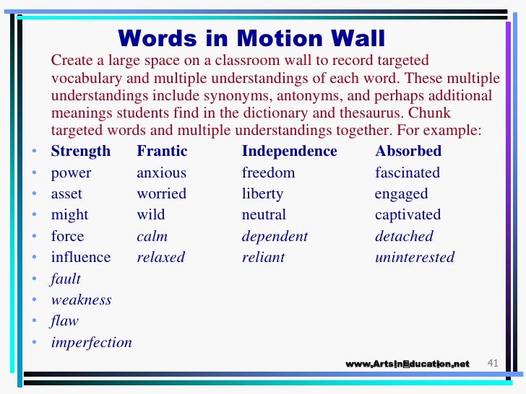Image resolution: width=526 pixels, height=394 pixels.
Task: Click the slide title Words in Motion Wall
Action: (x=251, y=38)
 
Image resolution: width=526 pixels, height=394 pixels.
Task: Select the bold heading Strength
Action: (x=80, y=152)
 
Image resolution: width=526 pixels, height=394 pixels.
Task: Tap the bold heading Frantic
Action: (x=162, y=152)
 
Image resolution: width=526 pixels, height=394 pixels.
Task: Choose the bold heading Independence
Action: (x=289, y=152)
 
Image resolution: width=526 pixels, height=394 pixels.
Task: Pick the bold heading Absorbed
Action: (x=408, y=152)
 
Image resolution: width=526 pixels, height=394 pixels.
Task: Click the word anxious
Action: (x=161, y=173)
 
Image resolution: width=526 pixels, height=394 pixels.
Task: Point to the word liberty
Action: (x=262, y=194)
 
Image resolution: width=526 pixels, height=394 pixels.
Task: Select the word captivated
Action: (x=408, y=215)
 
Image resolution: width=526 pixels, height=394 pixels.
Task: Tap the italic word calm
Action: (x=152, y=237)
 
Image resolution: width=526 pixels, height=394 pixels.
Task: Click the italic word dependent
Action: (x=275, y=237)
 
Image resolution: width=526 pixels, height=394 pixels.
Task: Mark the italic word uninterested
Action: (x=415, y=258)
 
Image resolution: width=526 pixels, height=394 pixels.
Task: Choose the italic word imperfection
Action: (x=91, y=343)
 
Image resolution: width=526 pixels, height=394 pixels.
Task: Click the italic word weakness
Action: (x=81, y=300)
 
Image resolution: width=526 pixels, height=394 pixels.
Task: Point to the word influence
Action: (x=80, y=258)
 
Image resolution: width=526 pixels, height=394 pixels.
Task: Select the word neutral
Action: (x=264, y=215)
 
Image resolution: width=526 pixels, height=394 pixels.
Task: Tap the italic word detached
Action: (x=404, y=237)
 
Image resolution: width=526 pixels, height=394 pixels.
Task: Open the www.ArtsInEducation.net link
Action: (x=408, y=364)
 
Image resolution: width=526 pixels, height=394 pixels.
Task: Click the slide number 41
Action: (x=494, y=363)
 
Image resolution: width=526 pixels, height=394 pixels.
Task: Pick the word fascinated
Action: (x=407, y=173)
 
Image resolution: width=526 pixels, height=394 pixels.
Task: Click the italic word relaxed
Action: (x=160, y=258)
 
